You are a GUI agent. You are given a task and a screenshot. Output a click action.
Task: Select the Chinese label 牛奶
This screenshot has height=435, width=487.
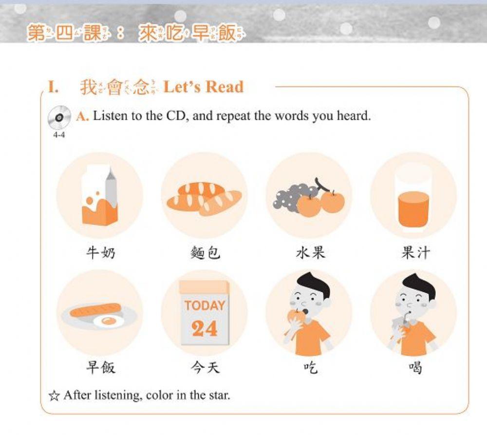[100, 253]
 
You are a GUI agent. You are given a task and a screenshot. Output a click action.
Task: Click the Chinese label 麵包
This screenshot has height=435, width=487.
[205, 253]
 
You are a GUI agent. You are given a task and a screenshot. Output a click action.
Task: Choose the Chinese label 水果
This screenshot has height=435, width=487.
[310, 253]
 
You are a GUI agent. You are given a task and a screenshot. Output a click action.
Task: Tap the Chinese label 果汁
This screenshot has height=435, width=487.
[415, 253]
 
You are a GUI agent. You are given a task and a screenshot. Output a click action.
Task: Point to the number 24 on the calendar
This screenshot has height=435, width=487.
[205, 329]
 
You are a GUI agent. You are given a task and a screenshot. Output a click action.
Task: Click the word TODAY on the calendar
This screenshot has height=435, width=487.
[205, 305]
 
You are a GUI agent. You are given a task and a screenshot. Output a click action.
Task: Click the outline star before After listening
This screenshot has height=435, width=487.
[54, 395]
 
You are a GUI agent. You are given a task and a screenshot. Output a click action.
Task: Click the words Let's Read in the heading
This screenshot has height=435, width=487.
[203, 87]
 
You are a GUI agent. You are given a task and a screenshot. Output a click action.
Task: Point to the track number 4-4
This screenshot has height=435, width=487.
[58, 134]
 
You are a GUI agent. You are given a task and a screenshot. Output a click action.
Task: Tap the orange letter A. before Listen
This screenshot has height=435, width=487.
[82, 117]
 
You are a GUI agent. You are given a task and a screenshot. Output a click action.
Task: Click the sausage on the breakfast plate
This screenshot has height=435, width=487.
[95, 310]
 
